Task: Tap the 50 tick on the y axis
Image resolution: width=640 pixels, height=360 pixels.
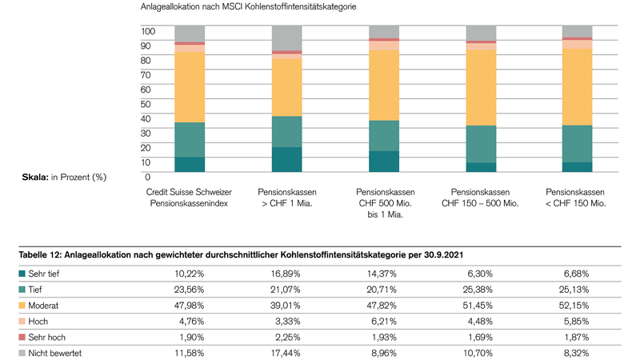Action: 146,103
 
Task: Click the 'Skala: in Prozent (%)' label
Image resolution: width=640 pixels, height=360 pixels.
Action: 64,176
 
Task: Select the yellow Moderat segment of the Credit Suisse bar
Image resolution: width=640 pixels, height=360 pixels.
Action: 178,87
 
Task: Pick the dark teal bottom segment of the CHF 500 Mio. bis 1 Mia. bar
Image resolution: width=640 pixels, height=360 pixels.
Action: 383,162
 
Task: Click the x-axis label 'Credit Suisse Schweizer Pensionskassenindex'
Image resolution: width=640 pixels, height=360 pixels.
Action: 188,198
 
